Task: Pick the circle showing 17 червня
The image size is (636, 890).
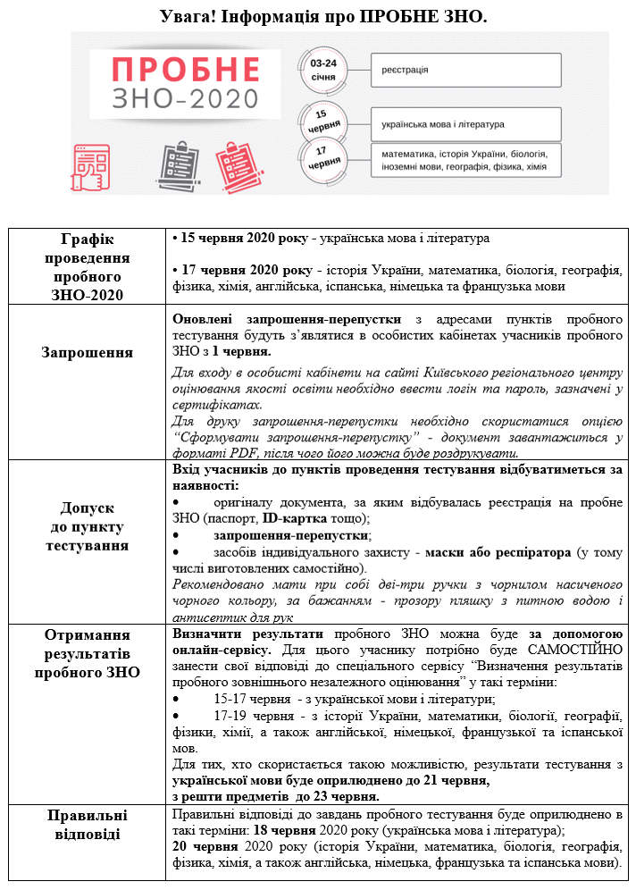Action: tap(323, 161)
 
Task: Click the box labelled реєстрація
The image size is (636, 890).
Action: tap(464, 70)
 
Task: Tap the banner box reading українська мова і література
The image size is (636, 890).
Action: tap(464, 124)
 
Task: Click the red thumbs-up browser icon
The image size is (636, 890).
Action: tap(91, 166)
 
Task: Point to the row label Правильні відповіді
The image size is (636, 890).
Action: tap(88, 824)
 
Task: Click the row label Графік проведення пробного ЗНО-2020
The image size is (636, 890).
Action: tap(88, 266)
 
